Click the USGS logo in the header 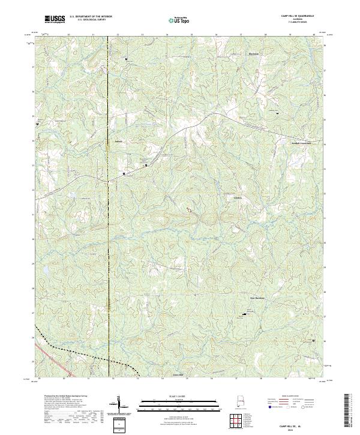tap(55, 19)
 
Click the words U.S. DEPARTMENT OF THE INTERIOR tap(93, 17)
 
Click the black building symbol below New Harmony tap(244, 314)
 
